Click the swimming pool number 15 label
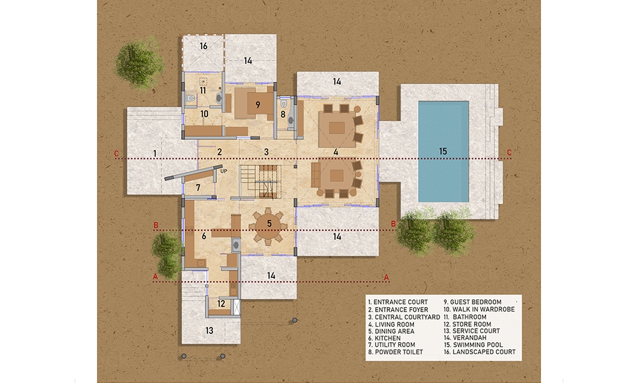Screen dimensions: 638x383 click(x=443, y=151)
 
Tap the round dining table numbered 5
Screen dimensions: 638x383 click(x=269, y=226)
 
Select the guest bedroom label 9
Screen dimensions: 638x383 click(x=258, y=105)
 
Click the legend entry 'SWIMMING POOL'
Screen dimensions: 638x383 click(x=473, y=345)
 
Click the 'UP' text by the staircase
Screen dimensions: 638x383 click(x=223, y=171)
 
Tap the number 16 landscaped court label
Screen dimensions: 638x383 click(x=204, y=46)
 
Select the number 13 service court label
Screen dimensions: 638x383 click(x=209, y=331)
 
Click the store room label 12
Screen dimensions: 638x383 click(x=221, y=304)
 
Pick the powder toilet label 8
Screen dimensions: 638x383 click(x=283, y=114)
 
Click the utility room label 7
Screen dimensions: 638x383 click(x=198, y=188)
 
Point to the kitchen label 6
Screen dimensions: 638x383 click(x=204, y=236)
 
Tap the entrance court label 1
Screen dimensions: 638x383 click(x=154, y=153)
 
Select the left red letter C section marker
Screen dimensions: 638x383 click(x=116, y=153)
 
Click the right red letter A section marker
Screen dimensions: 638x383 click(x=387, y=278)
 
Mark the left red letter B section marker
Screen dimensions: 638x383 click(x=156, y=225)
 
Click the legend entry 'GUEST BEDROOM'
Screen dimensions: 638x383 click(x=472, y=302)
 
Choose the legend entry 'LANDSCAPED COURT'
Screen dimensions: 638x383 click(x=480, y=352)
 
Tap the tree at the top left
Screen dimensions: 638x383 click(x=139, y=63)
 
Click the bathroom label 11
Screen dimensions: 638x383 click(x=203, y=91)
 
